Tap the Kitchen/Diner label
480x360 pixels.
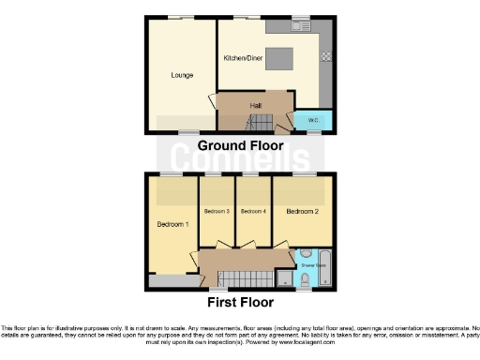click(243, 57)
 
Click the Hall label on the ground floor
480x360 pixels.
click(255, 105)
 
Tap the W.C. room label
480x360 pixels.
click(314, 121)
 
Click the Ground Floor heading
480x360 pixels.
click(240, 146)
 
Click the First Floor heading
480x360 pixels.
click(240, 302)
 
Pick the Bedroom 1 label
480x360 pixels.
click(172, 225)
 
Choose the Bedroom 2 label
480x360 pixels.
click(303, 212)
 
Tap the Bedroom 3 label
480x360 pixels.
click(217, 212)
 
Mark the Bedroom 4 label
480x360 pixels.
click(253, 212)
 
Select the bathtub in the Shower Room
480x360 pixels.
click(326, 267)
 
